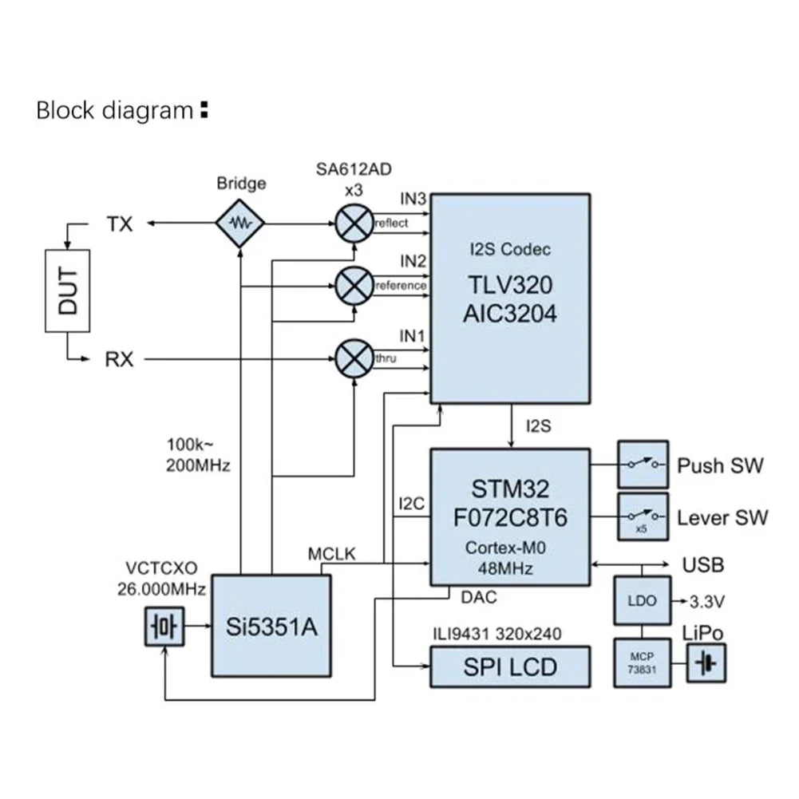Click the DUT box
tap(67, 291)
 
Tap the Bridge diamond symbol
tap(240, 223)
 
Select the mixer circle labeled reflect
tap(353, 223)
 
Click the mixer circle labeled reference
tap(353, 285)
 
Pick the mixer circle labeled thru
tap(353, 358)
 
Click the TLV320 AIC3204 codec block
tap(510, 298)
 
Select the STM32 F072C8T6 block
tap(510, 516)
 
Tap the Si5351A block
tap(271, 626)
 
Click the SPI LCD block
tap(510, 666)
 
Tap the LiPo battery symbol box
tap(706, 663)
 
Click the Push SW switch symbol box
tap(643, 465)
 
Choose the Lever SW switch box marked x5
tap(643, 516)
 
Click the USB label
tap(703, 565)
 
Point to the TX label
tap(120, 224)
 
